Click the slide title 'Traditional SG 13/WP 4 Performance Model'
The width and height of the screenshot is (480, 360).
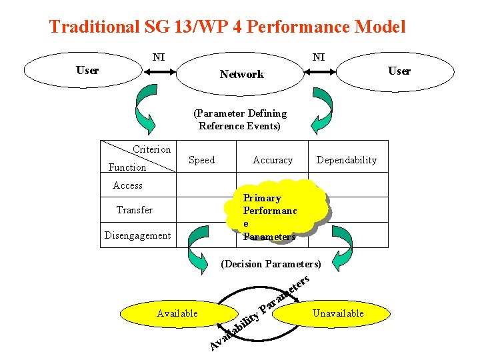(x=227, y=27)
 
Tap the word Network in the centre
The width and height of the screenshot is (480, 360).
(x=241, y=75)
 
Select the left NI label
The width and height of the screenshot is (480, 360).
(x=159, y=57)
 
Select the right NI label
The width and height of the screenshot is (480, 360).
(x=319, y=57)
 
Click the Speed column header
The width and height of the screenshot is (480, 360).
(x=201, y=160)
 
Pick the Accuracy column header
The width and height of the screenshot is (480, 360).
(x=273, y=160)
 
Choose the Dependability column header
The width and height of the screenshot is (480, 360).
(x=346, y=160)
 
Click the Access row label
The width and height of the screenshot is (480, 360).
(x=127, y=185)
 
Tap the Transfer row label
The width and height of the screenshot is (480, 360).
(x=134, y=210)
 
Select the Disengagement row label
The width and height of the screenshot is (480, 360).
(x=137, y=235)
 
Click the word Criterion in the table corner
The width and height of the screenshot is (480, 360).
(x=151, y=149)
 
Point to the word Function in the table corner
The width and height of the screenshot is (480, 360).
(x=127, y=167)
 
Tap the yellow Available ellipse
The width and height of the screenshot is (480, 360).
(x=177, y=313)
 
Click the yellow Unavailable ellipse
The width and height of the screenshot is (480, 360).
(x=338, y=313)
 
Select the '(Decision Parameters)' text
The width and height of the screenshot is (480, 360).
(x=271, y=264)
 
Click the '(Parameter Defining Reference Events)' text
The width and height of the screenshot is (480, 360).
(x=239, y=120)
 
